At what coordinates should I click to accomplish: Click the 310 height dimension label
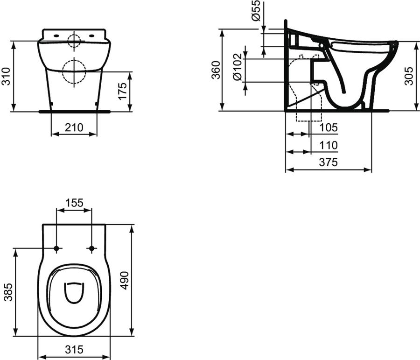click(x=6, y=77)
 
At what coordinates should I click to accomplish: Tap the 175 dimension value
click(x=123, y=91)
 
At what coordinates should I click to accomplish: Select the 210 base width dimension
click(x=74, y=127)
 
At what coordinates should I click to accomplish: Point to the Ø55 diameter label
click(x=256, y=10)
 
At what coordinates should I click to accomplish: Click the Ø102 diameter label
click(x=238, y=67)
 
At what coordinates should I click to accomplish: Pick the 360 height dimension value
click(x=216, y=70)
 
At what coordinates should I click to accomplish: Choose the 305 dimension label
click(x=409, y=76)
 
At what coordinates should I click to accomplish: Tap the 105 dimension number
click(x=329, y=127)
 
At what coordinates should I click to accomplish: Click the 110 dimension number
click(x=329, y=146)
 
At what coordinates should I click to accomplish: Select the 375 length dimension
click(x=329, y=162)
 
